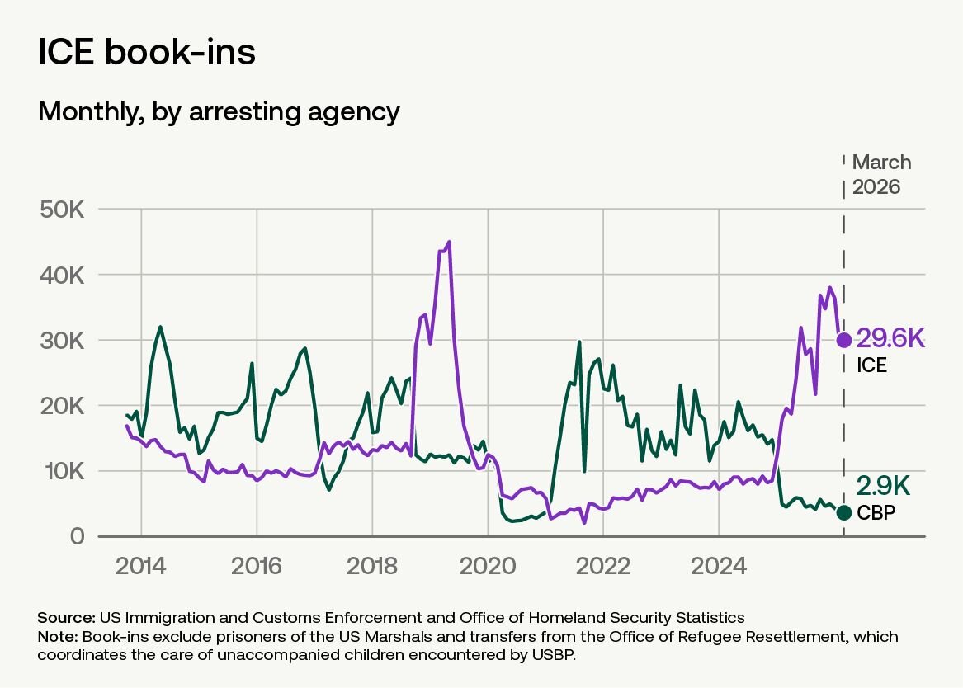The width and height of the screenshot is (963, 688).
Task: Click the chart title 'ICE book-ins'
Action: click(147, 51)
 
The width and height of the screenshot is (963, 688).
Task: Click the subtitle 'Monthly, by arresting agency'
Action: click(219, 111)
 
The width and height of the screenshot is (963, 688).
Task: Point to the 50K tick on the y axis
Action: click(62, 210)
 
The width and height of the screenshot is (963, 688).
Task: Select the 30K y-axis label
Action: click(62, 341)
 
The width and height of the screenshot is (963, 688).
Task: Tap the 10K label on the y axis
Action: click(62, 471)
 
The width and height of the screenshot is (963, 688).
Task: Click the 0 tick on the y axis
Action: click(77, 536)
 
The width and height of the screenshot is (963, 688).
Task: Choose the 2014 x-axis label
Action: click(140, 566)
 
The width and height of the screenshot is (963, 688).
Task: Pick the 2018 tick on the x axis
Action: click(371, 566)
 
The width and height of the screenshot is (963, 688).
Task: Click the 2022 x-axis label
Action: click(603, 566)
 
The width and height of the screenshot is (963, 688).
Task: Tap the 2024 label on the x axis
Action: click(719, 566)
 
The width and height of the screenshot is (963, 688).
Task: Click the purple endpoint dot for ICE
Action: click(844, 339)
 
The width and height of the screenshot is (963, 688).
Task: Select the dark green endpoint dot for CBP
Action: click(844, 512)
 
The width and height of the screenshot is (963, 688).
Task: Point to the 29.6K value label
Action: click(890, 338)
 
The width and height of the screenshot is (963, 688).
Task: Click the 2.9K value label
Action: click(883, 485)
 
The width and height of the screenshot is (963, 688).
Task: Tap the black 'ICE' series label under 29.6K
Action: click(871, 365)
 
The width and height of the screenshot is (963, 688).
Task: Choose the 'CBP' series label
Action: click(876, 512)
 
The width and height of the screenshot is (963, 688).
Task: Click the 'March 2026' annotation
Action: click(881, 174)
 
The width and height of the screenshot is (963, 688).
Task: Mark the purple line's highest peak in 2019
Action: click(449, 242)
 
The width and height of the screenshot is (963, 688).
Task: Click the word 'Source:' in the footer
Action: click(66, 617)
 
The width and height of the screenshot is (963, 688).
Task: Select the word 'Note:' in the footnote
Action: click(58, 637)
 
